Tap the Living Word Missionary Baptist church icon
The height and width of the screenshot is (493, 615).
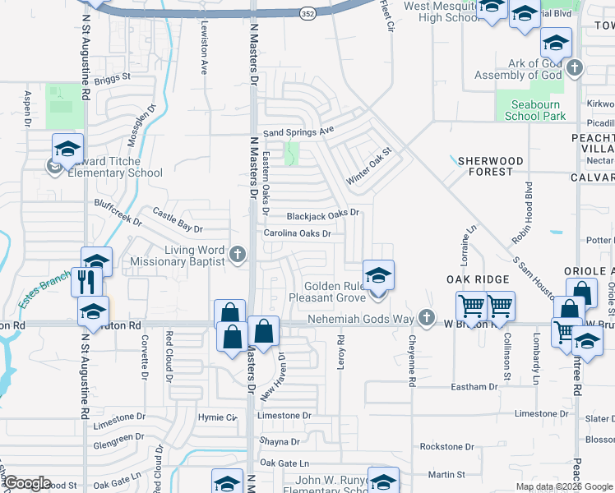238,254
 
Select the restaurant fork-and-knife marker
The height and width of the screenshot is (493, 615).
86,282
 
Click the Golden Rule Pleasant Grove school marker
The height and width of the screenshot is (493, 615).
378,275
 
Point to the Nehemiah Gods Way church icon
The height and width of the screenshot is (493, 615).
425,317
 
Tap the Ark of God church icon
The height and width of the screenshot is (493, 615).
574,68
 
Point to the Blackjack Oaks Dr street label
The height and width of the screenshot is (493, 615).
323,215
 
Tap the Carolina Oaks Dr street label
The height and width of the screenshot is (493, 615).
297,233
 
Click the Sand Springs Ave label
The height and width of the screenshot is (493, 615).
298,131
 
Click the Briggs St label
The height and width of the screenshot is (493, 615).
113,77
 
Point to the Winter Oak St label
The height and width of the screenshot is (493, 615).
371,165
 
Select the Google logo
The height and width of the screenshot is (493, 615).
27,482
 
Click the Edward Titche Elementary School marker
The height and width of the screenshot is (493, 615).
67,148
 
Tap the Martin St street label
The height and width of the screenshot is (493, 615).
446,474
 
